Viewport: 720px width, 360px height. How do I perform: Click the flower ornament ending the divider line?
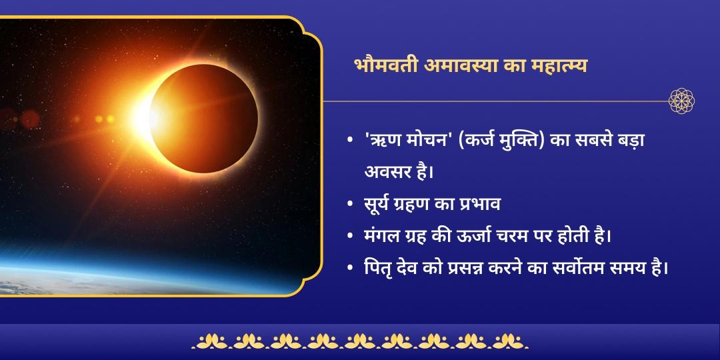pyautogui.click(x=681, y=101)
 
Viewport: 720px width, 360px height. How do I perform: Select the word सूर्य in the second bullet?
pyautogui.click(x=378, y=204)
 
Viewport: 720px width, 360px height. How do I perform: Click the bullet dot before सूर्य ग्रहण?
pyautogui.click(x=350, y=204)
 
